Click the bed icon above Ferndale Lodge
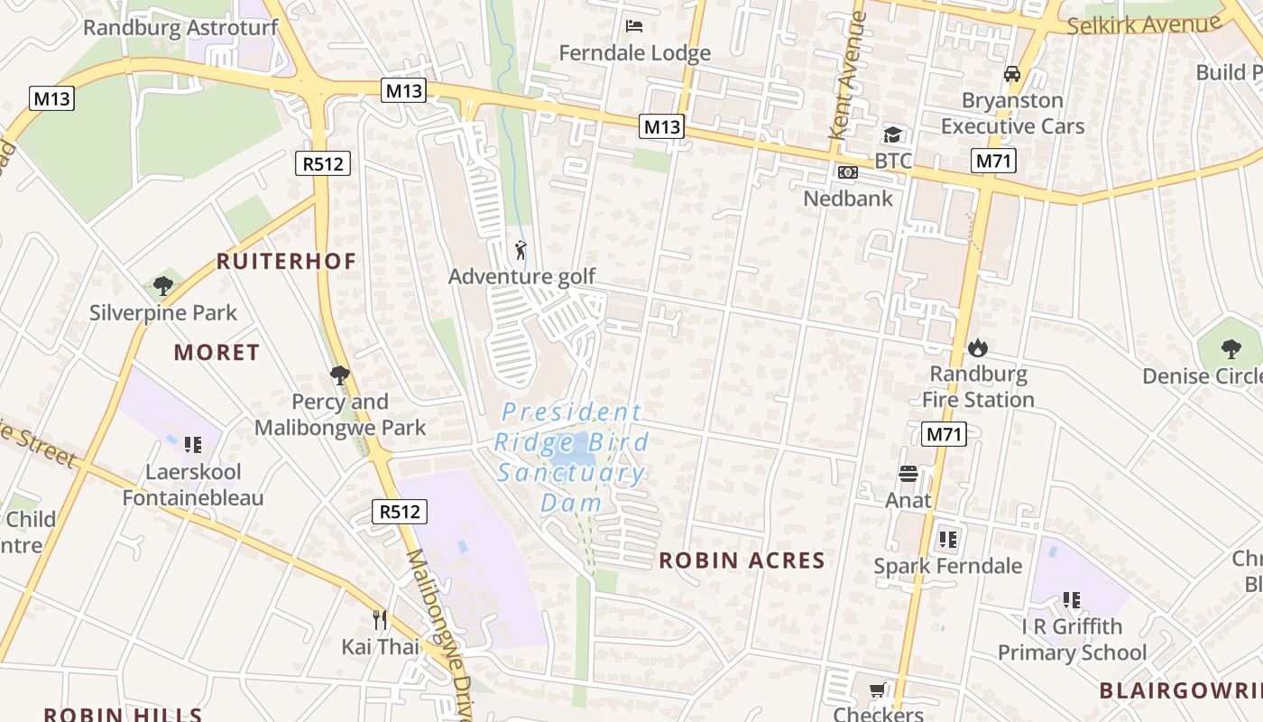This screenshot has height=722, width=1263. [634, 25]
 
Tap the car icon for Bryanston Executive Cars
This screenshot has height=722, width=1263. [1012, 73]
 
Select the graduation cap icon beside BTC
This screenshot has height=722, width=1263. [892, 134]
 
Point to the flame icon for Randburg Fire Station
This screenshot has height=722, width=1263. [977, 347]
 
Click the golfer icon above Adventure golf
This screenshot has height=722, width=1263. [521, 250]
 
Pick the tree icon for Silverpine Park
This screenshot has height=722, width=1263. [163, 287]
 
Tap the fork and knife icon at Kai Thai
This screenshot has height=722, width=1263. [380, 620]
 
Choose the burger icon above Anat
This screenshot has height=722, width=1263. [908, 474]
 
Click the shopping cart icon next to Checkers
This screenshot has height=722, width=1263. [877, 690]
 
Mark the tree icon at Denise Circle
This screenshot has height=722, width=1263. [1231, 349]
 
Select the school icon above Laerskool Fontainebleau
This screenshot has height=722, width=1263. [192, 444]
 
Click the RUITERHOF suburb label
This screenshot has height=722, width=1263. [286, 262]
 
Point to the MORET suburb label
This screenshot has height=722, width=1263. [217, 353]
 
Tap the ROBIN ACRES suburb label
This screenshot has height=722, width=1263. [742, 560]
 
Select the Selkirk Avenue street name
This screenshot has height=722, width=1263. [1143, 24]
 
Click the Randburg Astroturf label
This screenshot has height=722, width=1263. [180, 28]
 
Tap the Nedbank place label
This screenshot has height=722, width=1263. [848, 199]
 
